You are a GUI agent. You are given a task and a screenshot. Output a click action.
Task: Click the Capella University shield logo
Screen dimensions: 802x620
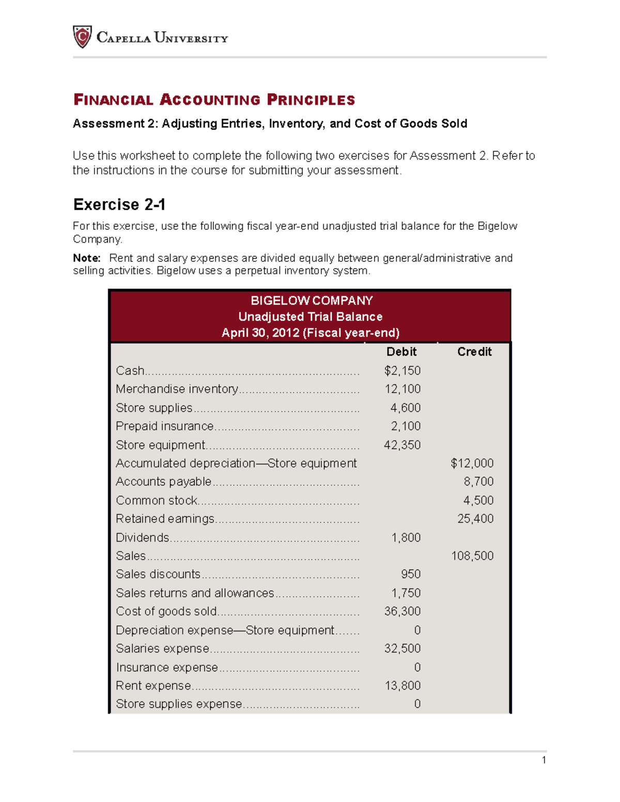pyautogui.click(x=82, y=37)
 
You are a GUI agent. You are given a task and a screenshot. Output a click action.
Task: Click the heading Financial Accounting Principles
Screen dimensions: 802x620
pyautogui.click(x=214, y=100)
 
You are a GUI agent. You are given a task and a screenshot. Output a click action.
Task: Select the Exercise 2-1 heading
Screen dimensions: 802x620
pyautogui.click(x=119, y=205)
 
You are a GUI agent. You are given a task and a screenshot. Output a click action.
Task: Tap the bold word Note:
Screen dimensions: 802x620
pyautogui.click(x=86, y=258)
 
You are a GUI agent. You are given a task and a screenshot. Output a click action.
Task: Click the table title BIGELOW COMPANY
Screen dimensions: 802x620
pyautogui.click(x=312, y=301)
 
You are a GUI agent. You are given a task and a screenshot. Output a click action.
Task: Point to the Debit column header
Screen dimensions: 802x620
pyautogui.click(x=401, y=352)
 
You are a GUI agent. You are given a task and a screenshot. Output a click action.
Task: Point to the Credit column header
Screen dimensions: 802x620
pyautogui.click(x=474, y=352)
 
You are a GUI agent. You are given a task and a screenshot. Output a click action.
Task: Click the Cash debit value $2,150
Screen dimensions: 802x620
pyautogui.click(x=402, y=370)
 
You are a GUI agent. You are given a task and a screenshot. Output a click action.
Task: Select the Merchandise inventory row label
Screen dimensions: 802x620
pyautogui.click(x=177, y=389)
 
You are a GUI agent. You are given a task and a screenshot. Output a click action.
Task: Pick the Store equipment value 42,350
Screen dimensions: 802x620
pyautogui.click(x=402, y=445)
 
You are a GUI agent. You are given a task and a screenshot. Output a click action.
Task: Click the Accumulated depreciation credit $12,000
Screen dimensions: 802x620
pyautogui.click(x=472, y=463)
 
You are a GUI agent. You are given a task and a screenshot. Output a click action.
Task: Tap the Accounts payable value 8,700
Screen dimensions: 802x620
pyautogui.click(x=478, y=481)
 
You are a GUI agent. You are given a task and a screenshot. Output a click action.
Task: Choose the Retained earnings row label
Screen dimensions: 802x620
pyautogui.click(x=165, y=518)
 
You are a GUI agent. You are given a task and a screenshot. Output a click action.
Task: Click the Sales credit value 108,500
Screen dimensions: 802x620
pyautogui.click(x=472, y=556)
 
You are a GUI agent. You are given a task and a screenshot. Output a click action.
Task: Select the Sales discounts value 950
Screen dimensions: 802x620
pyautogui.click(x=411, y=574)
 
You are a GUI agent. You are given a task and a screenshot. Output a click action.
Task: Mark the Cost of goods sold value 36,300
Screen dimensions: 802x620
pyautogui.click(x=402, y=611)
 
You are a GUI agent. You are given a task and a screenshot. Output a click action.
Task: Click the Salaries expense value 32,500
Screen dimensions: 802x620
pyautogui.click(x=402, y=648)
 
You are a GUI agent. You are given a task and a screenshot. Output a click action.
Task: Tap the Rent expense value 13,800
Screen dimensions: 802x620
pyautogui.click(x=402, y=685)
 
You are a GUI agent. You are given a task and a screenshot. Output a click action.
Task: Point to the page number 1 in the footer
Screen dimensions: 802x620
pyautogui.click(x=544, y=760)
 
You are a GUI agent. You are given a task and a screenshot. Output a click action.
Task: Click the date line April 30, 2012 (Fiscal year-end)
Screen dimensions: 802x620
pyautogui.click(x=311, y=333)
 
